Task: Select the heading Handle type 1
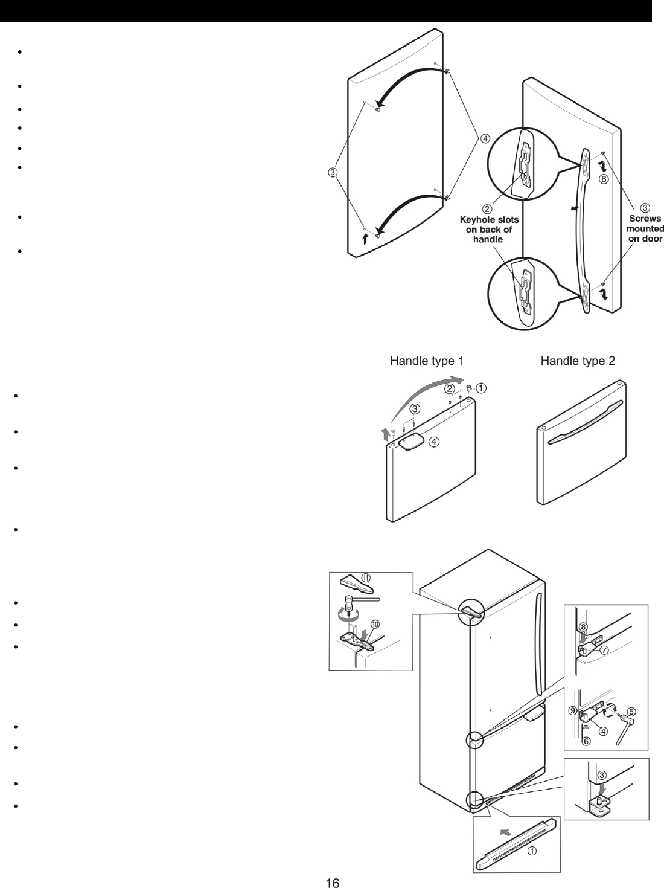click(x=427, y=361)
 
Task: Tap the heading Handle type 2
click(x=578, y=361)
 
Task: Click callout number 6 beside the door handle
click(x=603, y=179)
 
